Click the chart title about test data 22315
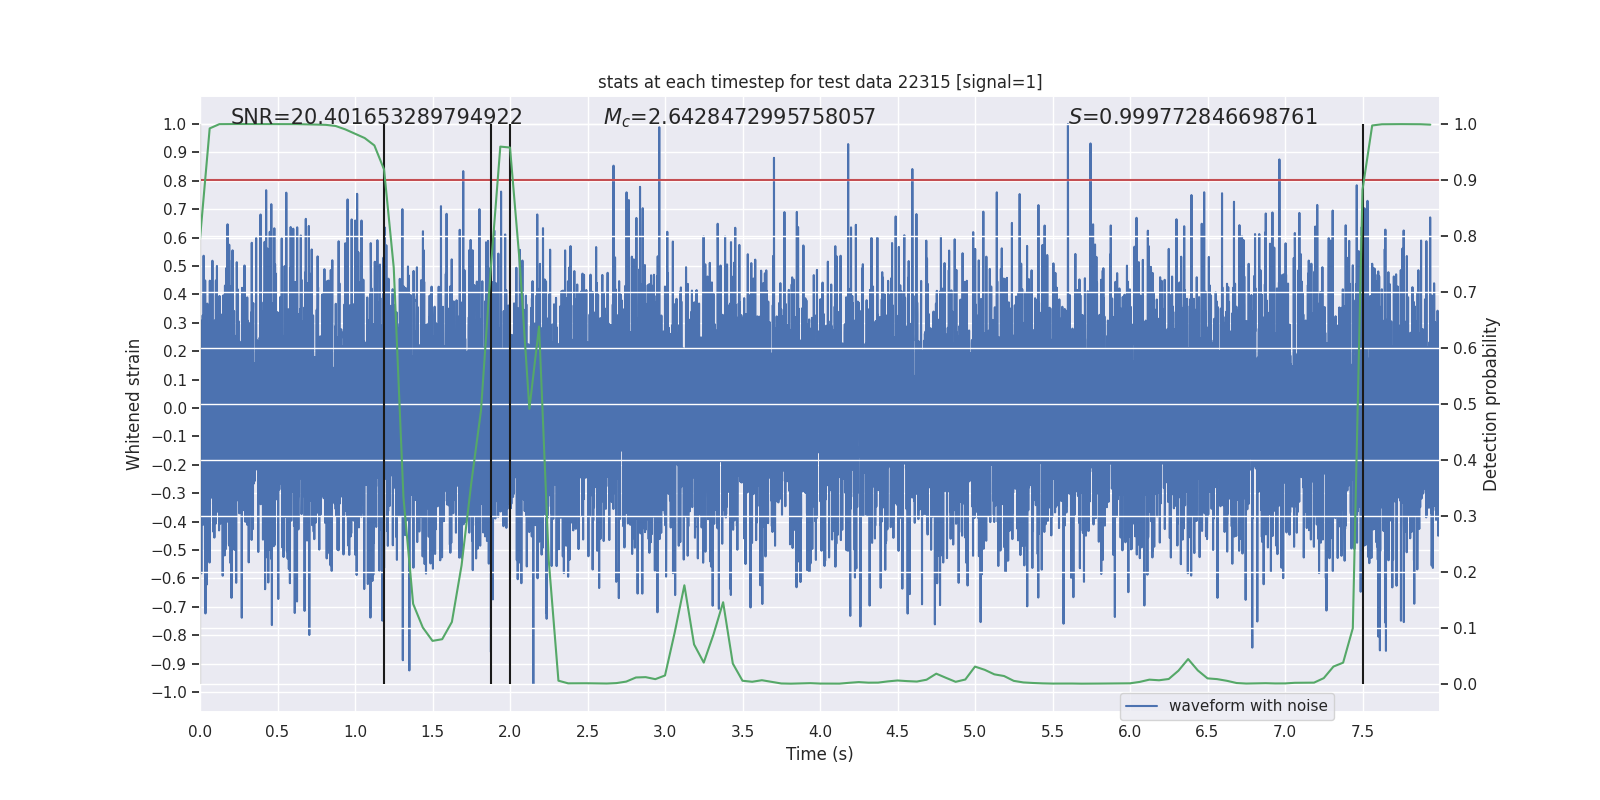coord(820,82)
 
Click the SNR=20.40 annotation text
coord(376,117)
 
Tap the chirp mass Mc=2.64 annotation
coord(739,117)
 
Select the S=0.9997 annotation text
coord(1193,117)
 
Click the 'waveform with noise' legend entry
coord(1247,706)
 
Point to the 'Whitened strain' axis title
coord(134,404)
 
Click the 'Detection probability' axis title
coord(1490,404)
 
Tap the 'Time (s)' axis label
coord(819,754)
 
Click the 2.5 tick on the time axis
coord(587,731)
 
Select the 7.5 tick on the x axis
coord(1362,731)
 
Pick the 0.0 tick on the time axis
coord(200,731)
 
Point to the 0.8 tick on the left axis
coord(176,181)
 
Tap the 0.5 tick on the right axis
coord(1465,404)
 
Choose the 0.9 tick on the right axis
coord(1465,180)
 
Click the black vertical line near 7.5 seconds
coord(1363,400)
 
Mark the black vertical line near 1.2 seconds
coord(384,400)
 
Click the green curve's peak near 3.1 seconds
coord(684,586)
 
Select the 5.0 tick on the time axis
coord(974,731)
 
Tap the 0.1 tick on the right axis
coord(1465,628)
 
